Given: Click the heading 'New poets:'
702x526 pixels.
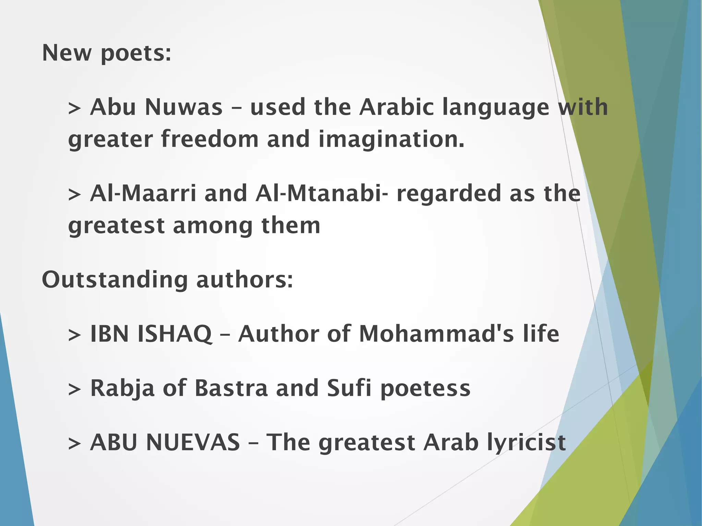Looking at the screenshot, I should pos(106,53).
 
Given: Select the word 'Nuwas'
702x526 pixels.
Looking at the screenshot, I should pos(184,107).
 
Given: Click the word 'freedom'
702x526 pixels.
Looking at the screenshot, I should pos(210,139).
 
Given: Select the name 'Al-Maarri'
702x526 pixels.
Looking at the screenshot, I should pos(143,194).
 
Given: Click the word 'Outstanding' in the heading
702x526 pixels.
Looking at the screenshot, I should pos(114,280).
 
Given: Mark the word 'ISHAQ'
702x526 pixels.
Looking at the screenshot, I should pos(174,334).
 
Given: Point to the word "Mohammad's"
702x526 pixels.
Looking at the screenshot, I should pos(436,334).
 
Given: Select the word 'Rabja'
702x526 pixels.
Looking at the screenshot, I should pos(122,389).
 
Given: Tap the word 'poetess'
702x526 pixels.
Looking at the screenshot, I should pos(425,389).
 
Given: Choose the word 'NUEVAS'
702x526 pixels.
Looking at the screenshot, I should pos(193,442).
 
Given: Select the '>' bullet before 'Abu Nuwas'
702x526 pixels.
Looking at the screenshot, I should pos(74,108).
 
